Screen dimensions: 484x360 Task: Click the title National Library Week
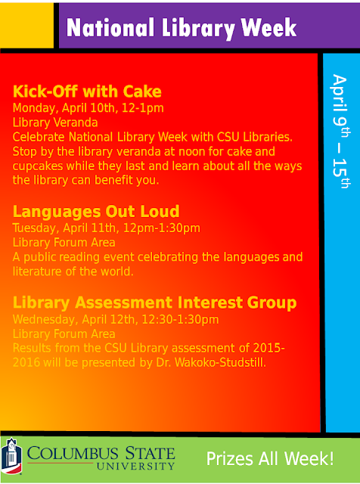pyautogui.click(x=181, y=28)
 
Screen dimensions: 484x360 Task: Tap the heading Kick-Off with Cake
pyautogui.click(x=87, y=92)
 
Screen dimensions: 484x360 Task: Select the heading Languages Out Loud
pyautogui.click(x=96, y=211)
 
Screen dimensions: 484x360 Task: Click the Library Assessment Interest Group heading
pyautogui.click(x=154, y=302)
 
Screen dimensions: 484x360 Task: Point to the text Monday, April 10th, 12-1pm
pyautogui.click(x=88, y=107)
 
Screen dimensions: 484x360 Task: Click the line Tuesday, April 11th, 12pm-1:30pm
pyautogui.click(x=107, y=227)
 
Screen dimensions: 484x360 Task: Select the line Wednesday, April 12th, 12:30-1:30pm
pyautogui.click(x=116, y=319)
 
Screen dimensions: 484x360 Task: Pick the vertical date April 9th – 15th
pyautogui.click(x=340, y=136)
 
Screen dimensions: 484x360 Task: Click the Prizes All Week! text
pyautogui.click(x=270, y=458)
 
